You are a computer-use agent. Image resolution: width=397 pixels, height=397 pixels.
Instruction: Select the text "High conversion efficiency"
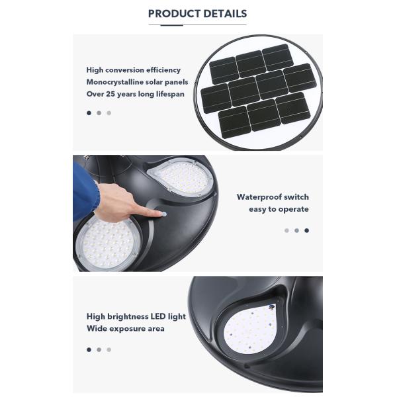pos(133,69)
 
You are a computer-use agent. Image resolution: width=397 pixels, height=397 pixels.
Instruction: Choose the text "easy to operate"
pos(279,209)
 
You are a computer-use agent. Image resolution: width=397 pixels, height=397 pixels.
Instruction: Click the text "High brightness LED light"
pos(136,316)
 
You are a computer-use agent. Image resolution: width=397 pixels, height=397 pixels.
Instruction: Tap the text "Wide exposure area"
pos(125,328)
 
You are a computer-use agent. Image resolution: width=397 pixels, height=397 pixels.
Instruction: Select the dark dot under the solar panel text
pos(89,112)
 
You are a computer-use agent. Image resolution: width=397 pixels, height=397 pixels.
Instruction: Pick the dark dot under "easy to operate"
pos(306,230)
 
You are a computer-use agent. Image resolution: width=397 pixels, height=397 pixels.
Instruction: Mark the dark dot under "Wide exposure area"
pos(89,349)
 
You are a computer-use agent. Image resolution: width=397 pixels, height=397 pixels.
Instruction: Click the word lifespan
pos(168,94)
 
